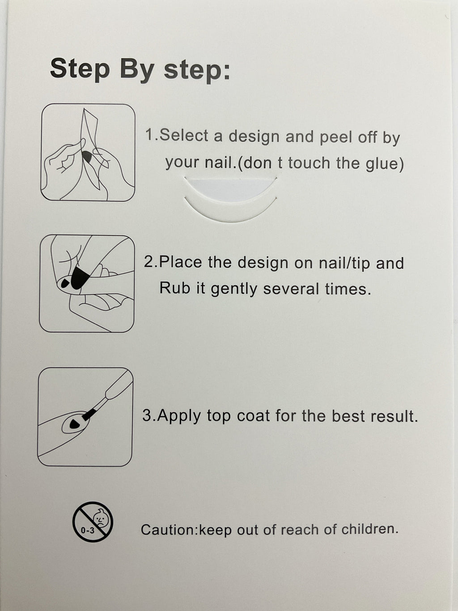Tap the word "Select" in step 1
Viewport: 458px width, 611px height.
coord(184,136)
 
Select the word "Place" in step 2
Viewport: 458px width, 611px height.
coord(180,262)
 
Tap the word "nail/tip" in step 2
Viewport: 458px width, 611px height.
coord(344,263)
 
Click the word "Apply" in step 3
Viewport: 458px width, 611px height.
coord(180,417)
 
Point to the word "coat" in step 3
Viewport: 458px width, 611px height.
coord(253,416)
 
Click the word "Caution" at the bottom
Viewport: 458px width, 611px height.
coord(168,530)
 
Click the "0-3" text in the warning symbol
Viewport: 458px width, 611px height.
coord(88,530)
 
